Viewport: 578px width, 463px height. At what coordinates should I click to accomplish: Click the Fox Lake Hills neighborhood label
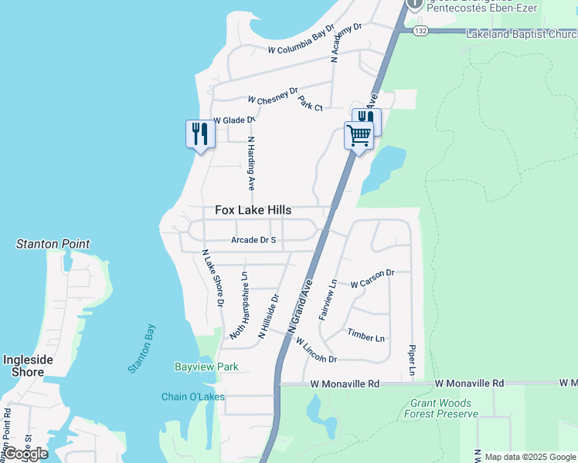253,210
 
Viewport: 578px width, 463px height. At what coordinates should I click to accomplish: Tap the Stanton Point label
53,244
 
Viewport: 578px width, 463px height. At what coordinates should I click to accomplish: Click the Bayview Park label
206,367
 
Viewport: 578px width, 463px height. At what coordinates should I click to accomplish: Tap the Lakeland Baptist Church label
521,34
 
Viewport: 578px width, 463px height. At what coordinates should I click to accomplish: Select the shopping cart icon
359,136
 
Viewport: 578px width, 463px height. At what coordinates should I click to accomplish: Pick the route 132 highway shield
420,31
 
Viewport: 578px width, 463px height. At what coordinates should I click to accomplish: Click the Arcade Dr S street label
253,240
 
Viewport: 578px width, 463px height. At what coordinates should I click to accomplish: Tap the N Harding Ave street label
251,164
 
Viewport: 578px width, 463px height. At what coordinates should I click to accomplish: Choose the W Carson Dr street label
372,279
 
